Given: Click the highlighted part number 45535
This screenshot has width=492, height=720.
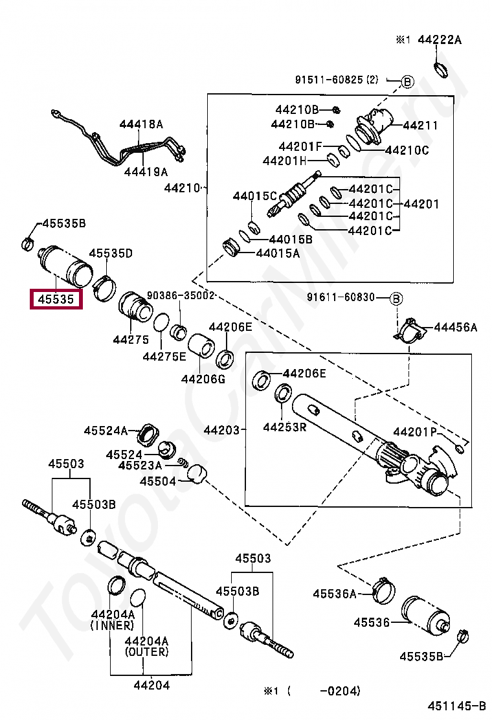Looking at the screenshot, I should pyautogui.click(x=56, y=300).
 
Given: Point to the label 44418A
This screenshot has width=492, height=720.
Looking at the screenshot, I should pyautogui.click(x=140, y=123).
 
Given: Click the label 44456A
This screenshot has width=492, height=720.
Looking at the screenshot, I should pyautogui.click(x=455, y=328).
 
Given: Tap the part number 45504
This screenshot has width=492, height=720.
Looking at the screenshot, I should pyautogui.click(x=158, y=481).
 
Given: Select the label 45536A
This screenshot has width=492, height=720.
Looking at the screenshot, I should pyautogui.click(x=335, y=593).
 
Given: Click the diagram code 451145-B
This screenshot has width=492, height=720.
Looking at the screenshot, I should pyautogui.click(x=456, y=705).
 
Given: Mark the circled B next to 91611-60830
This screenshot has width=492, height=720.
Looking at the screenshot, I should pyautogui.click(x=396, y=298).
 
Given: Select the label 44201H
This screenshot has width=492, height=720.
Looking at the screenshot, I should pyautogui.click(x=285, y=161).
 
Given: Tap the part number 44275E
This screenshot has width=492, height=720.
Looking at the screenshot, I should pyautogui.click(x=164, y=356).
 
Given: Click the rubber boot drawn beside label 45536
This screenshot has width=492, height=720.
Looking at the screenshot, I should pyautogui.click(x=424, y=615).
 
